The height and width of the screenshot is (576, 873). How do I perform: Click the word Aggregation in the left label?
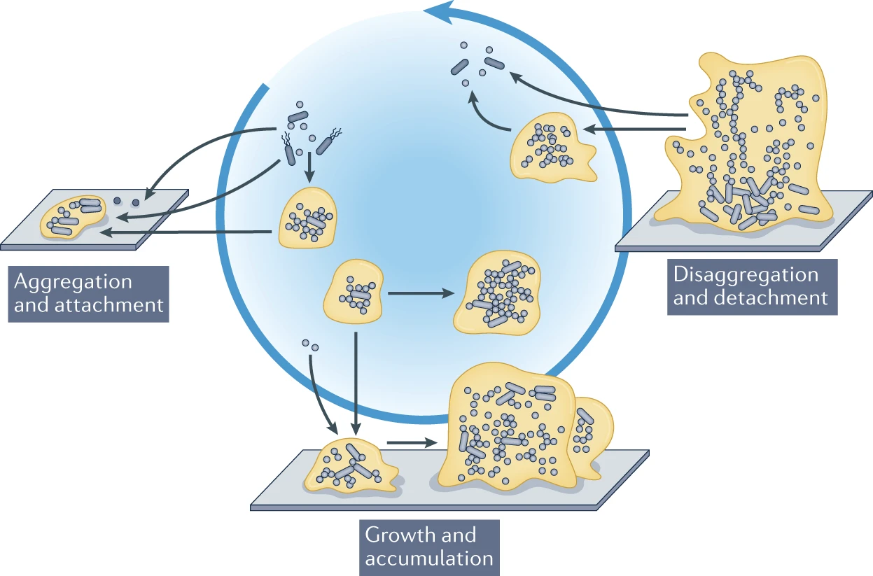coord(74,282)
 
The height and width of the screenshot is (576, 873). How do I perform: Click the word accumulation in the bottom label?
coord(429,558)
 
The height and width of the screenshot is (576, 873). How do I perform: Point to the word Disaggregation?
coord(746,274)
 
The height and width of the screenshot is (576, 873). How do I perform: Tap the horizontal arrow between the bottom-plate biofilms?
coord(410,442)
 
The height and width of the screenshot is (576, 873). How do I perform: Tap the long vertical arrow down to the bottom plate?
coord(357,381)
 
